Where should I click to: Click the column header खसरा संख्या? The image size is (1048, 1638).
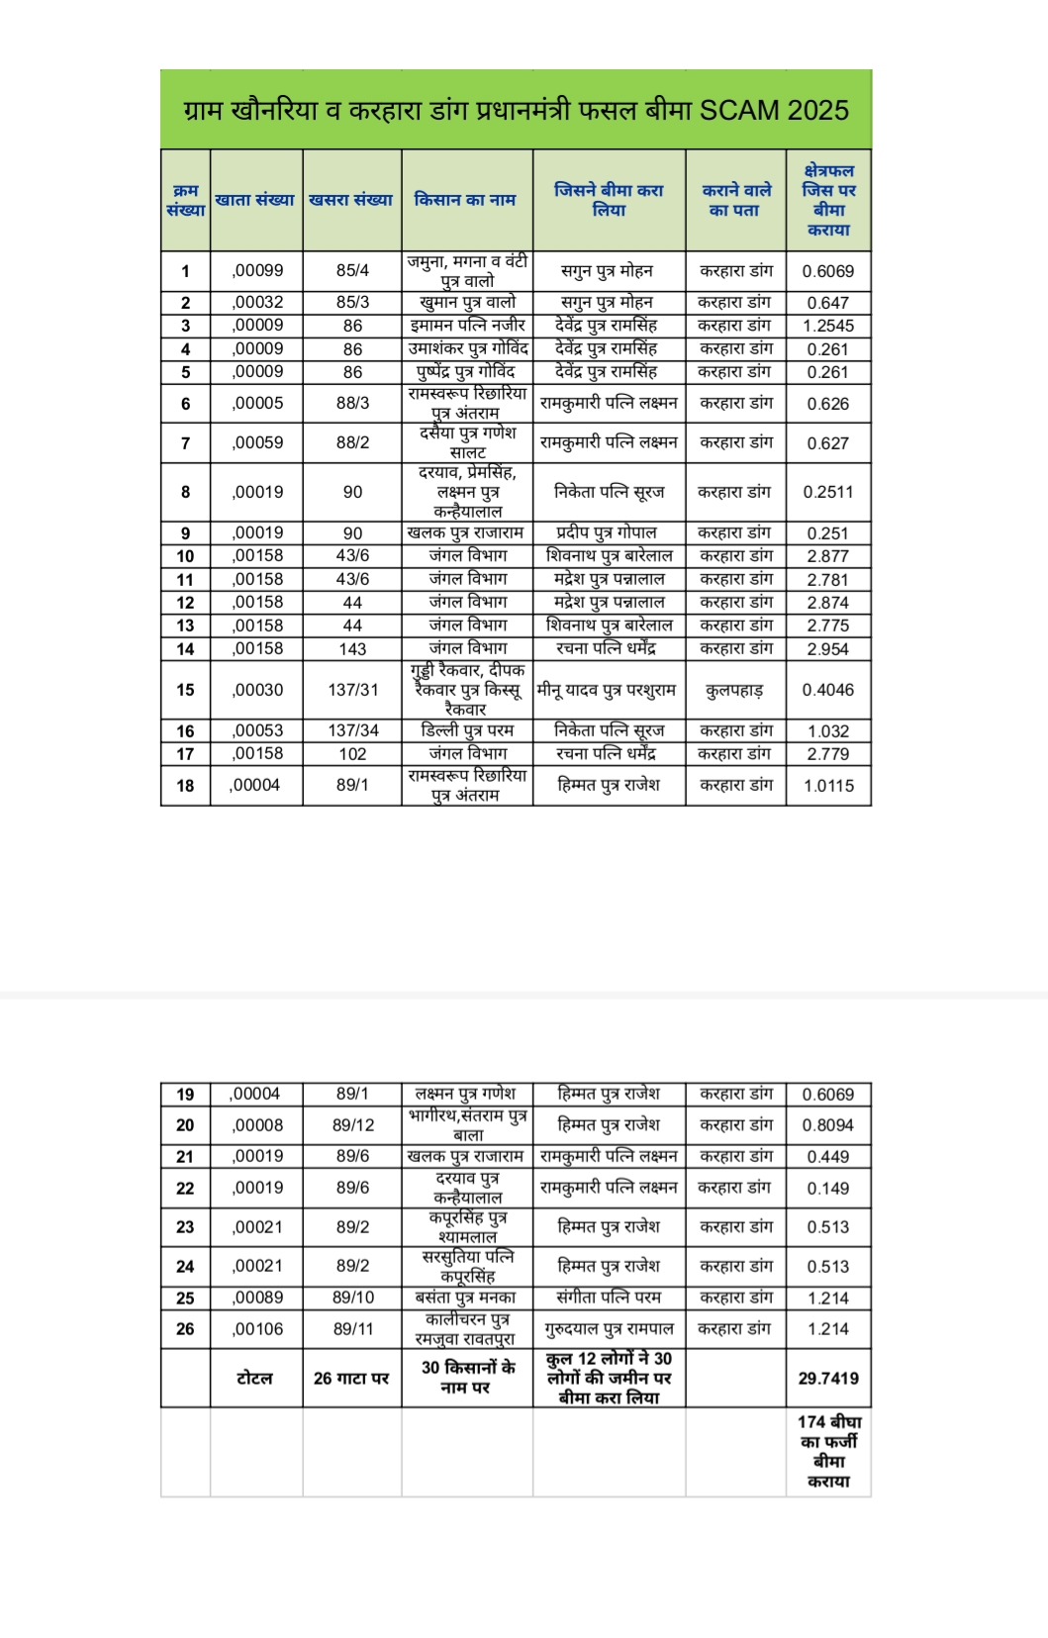tap(351, 200)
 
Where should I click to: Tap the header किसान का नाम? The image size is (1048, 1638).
tap(465, 200)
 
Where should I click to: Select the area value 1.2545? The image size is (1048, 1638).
tap(828, 326)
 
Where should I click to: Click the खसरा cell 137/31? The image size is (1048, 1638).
tap(352, 690)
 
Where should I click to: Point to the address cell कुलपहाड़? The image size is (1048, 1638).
tap(734, 690)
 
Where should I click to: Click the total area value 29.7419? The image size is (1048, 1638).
tap(828, 1378)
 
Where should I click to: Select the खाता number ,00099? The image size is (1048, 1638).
tap(257, 270)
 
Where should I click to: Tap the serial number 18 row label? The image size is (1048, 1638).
tap(185, 786)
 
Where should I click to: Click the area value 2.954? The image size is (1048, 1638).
tap(828, 649)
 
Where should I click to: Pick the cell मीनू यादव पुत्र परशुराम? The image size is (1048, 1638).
tap(607, 690)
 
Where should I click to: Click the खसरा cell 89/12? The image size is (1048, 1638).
tap(353, 1124)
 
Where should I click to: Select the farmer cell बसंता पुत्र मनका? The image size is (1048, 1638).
tap(465, 1298)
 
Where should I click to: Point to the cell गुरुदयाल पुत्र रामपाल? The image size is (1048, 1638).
tap(609, 1329)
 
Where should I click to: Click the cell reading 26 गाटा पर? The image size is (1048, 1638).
tap(351, 1378)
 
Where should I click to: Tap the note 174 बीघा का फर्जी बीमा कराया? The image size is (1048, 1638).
tap(828, 1451)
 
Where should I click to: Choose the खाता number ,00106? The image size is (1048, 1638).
tap(257, 1329)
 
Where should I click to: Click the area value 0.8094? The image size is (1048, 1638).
tap(828, 1125)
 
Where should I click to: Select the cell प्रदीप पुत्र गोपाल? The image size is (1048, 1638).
tap(607, 532)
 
